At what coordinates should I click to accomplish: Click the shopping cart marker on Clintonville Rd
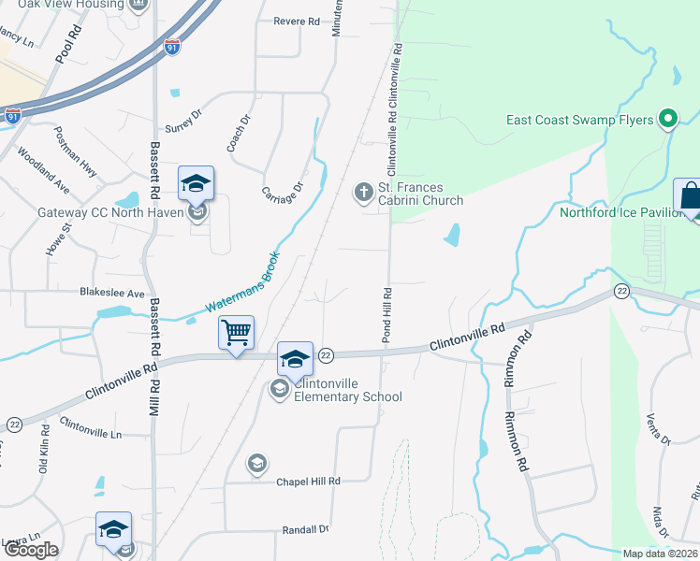pyautogui.click(x=236, y=332)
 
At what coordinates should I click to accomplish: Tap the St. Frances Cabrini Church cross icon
pyautogui.click(x=363, y=193)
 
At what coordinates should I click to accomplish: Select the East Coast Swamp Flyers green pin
pyautogui.click(x=667, y=119)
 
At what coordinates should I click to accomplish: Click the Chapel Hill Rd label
pyautogui.click(x=307, y=481)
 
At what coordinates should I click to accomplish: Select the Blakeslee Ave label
pyautogui.click(x=112, y=293)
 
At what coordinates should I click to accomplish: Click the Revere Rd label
pyautogui.click(x=297, y=21)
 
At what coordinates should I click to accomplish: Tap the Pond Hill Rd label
pyautogui.click(x=385, y=314)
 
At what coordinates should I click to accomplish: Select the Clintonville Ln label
pyautogui.click(x=91, y=428)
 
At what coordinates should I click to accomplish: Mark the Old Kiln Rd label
pyautogui.click(x=43, y=450)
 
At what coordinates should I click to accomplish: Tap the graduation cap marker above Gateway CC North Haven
pyautogui.click(x=197, y=183)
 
